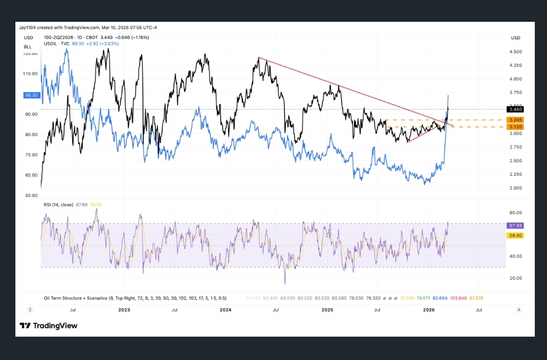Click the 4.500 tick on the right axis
click(515, 52)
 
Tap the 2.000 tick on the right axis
click(515, 188)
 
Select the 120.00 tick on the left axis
click(31, 54)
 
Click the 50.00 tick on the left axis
click(31, 195)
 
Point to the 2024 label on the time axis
click(225, 310)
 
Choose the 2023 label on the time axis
click(124, 310)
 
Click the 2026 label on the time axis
click(429, 310)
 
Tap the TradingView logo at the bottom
click(48, 325)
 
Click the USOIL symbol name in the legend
click(52, 44)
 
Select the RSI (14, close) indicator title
click(58, 204)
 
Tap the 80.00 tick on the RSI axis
click(515, 212)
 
